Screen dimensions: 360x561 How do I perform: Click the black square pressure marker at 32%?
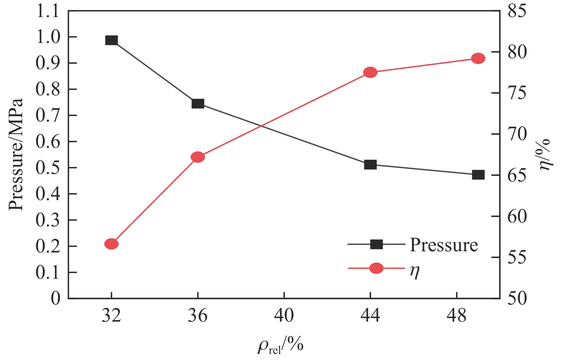click(111, 40)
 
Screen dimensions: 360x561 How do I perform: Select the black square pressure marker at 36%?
click(198, 104)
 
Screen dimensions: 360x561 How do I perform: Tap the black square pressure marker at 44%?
click(370, 164)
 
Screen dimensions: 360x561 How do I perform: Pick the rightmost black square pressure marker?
click(478, 175)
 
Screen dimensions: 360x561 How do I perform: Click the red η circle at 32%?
click(111, 244)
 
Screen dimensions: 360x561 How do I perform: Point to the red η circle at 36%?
click(198, 157)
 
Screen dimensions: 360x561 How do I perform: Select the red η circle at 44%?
click(370, 72)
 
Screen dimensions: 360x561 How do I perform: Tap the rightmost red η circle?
click(478, 58)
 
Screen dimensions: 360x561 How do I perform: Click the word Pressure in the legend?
click(444, 245)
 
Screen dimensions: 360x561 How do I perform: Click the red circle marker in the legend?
click(376, 268)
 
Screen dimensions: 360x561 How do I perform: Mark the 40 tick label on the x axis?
click(284, 316)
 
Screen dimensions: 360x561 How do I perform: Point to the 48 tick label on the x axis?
click(457, 316)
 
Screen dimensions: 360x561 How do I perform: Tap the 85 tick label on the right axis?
click(517, 12)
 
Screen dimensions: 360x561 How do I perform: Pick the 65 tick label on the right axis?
click(517, 176)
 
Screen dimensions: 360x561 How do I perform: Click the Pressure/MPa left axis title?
click(16, 154)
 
